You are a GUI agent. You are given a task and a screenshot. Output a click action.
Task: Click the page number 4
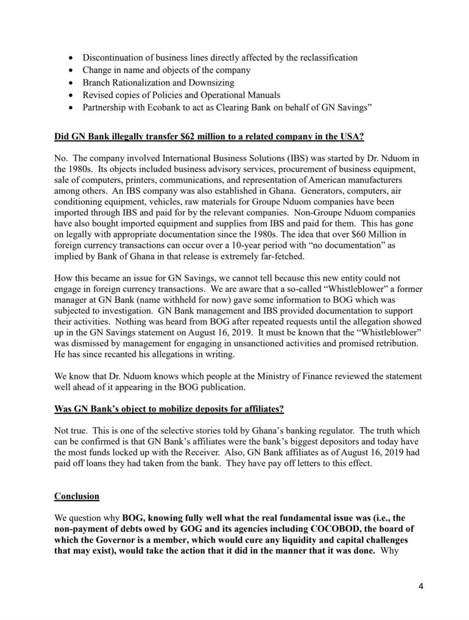421,586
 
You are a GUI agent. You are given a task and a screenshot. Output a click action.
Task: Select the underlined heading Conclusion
76,496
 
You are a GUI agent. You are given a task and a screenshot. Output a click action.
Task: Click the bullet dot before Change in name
70,71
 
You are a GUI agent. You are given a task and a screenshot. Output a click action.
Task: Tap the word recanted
120,354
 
